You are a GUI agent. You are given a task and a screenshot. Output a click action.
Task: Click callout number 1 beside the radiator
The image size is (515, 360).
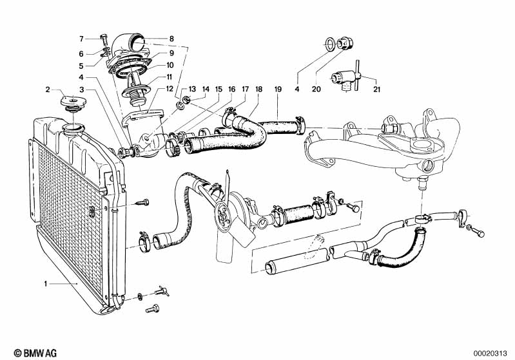click(x=46, y=284)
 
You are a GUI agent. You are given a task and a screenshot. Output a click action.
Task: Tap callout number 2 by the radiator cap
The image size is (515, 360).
click(x=48, y=89)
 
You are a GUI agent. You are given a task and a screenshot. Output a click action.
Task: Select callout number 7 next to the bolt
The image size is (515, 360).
click(x=82, y=38)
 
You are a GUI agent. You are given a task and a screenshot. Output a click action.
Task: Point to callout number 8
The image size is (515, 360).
click(x=171, y=39)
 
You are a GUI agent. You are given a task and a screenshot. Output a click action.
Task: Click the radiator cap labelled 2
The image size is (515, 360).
click(x=71, y=103)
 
